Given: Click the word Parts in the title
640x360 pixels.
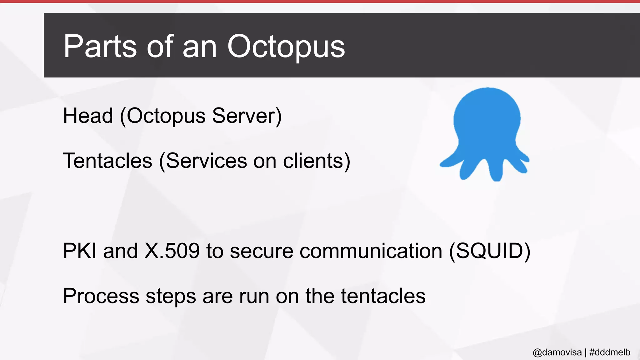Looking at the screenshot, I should pos(100,47).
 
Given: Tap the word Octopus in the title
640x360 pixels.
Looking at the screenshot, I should pos(286,47).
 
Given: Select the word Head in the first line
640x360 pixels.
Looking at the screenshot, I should pos(88,116).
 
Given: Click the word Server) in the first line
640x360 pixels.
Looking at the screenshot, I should pos(247,116).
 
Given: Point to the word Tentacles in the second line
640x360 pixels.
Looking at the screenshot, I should pos(107,161).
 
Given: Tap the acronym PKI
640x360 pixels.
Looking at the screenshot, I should pos(80,251).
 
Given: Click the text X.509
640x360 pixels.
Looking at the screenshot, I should pos(172,251).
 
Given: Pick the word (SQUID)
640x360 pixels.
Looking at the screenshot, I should pos(490,251).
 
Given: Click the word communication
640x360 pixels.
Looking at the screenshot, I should pos(371,251).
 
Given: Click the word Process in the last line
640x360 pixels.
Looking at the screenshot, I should pos(101,296).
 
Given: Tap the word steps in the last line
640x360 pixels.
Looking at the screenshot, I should pos(171,296).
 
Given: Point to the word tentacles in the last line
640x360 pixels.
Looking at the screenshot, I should pos(383,296).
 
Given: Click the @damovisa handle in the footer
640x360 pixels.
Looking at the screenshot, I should pos(557,352).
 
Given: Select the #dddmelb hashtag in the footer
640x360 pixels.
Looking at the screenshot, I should pos(610,352).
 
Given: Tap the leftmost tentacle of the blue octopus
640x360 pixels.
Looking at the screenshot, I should pos(450,161).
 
